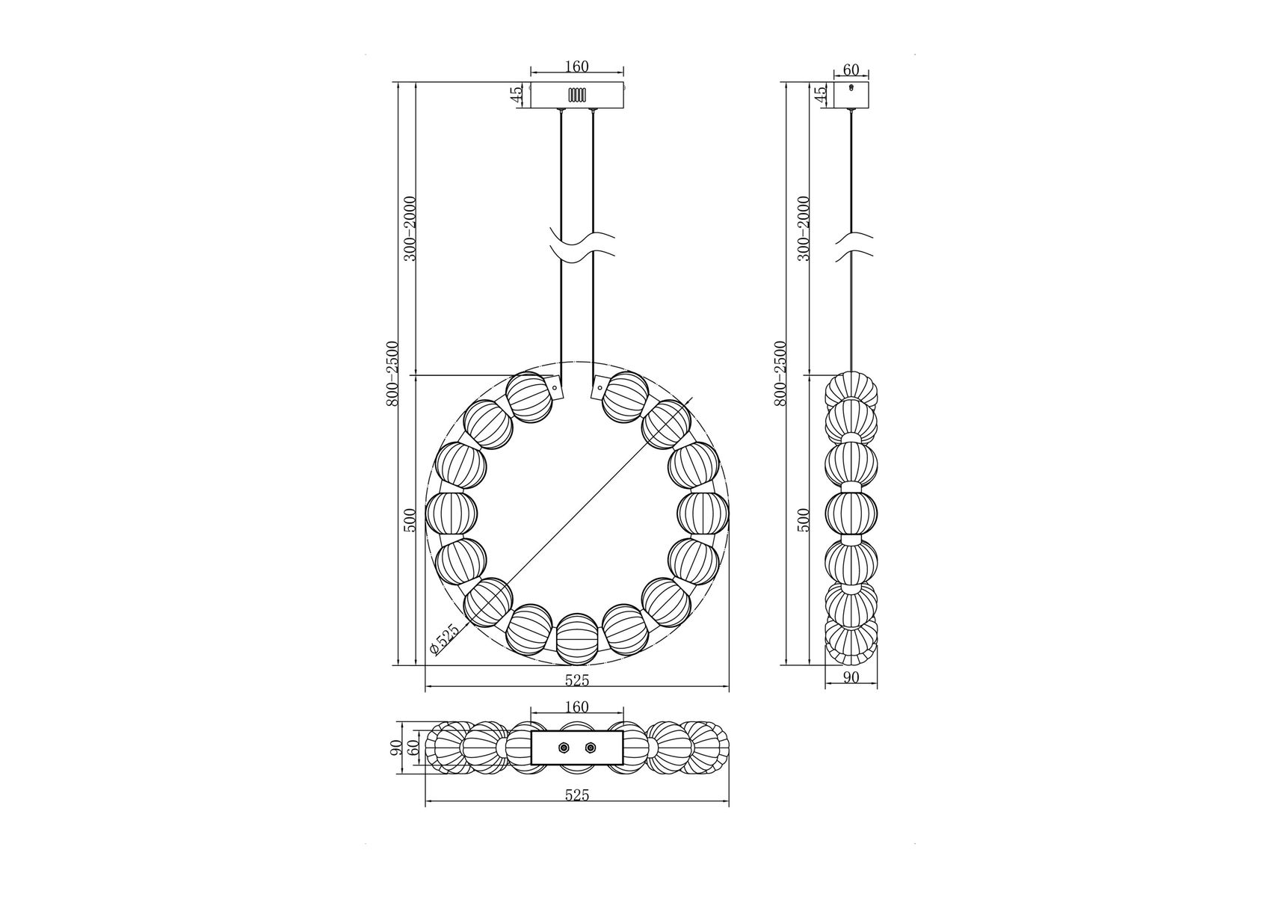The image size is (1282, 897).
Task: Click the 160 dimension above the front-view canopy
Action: tap(576, 67)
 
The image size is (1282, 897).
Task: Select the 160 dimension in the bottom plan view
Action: tap(576, 707)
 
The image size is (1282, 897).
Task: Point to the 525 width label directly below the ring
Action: tap(576, 680)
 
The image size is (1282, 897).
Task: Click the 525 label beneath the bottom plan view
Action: tap(576, 795)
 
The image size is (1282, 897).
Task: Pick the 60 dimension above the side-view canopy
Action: tap(851, 70)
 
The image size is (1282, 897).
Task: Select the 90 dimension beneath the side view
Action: tap(851, 677)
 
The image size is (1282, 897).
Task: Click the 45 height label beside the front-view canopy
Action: tap(515, 96)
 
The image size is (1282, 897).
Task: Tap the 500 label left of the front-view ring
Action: tap(410, 520)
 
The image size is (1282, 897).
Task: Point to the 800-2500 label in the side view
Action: tap(780, 373)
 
